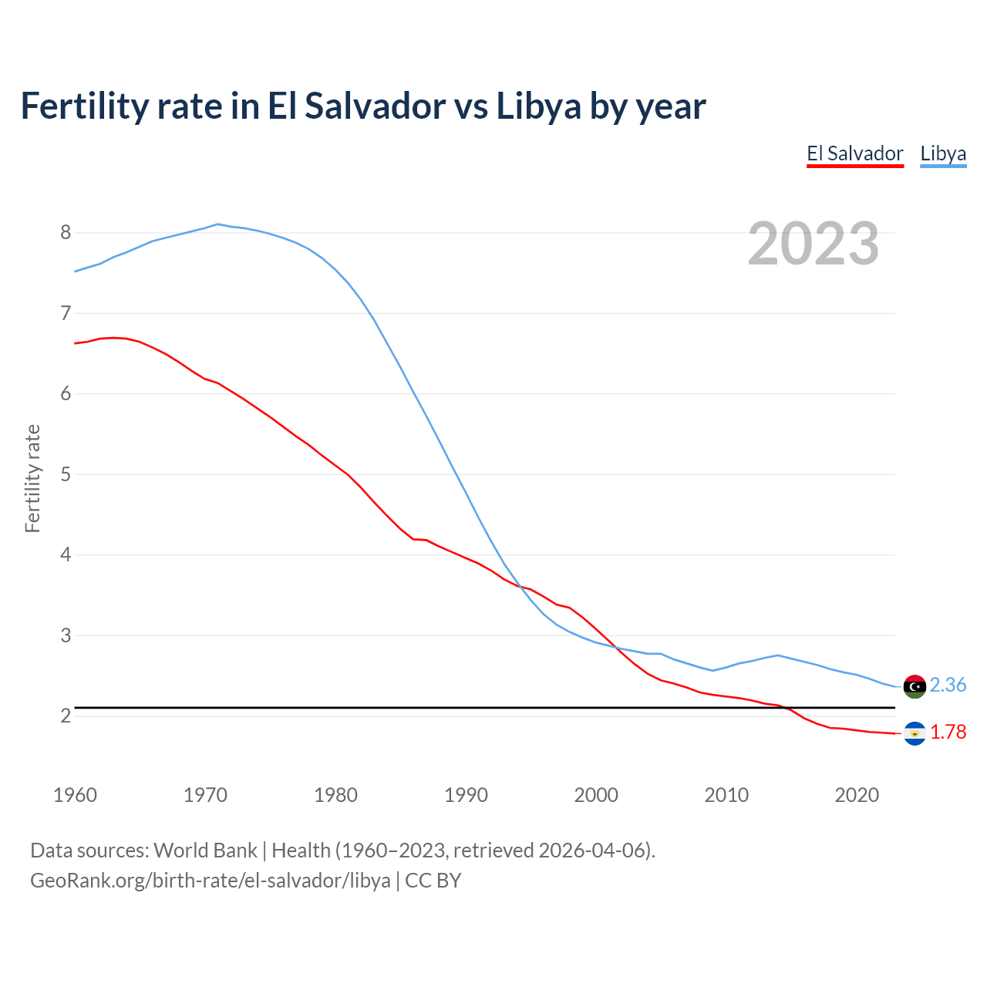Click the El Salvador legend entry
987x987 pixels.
(854, 153)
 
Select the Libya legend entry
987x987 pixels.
(943, 153)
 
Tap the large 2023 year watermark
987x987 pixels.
(814, 244)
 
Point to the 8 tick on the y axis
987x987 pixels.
(66, 233)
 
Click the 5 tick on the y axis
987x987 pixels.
(66, 474)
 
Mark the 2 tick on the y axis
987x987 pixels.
(66, 716)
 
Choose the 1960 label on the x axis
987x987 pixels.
(75, 795)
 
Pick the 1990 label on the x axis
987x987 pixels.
(466, 795)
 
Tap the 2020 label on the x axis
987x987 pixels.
(857, 795)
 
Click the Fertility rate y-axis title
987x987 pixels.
(32, 478)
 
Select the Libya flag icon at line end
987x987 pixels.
(915, 686)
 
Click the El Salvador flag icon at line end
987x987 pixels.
(915, 733)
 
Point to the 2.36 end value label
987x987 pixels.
(948, 685)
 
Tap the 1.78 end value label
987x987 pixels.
(948, 732)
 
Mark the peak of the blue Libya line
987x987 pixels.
(218, 224)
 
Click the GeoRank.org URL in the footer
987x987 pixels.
(210, 880)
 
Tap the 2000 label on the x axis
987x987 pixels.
(596, 795)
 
